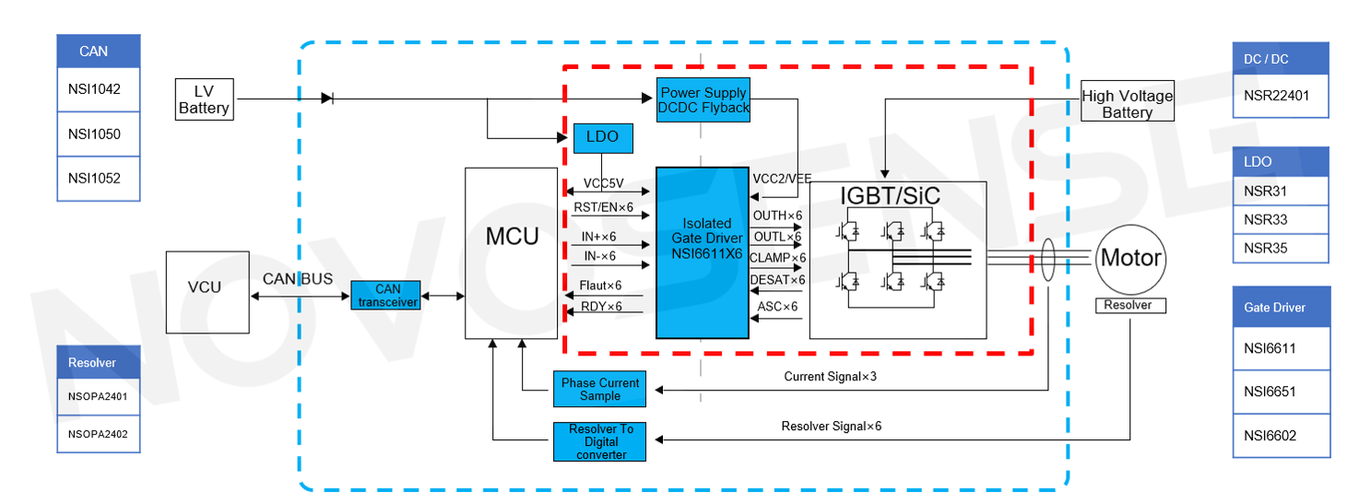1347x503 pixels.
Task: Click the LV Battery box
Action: pos(204,99)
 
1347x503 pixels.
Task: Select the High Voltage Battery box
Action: pos(1127,103)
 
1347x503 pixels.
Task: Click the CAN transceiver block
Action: pos(385,296)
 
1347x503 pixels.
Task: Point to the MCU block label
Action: pos(512,237)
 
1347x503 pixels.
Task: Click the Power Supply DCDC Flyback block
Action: pos(703,99)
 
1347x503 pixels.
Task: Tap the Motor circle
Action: pos(1130,258)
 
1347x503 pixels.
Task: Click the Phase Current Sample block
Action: pos(599,389)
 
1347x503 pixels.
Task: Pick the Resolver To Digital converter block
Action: pos(599,441)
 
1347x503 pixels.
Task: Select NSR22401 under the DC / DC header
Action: pos(1280,95)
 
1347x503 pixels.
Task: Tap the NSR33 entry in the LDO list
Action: pos(1280,220)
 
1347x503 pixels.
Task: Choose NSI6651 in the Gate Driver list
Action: pos(1281,392)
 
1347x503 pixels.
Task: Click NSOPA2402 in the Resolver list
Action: pos(98,434)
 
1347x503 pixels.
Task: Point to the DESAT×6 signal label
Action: pos(777,280)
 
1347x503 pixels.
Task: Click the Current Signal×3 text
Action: pos(830,377)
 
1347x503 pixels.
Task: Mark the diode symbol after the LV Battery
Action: pos(326,98)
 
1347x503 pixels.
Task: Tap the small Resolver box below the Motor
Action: pos(1129,305)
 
